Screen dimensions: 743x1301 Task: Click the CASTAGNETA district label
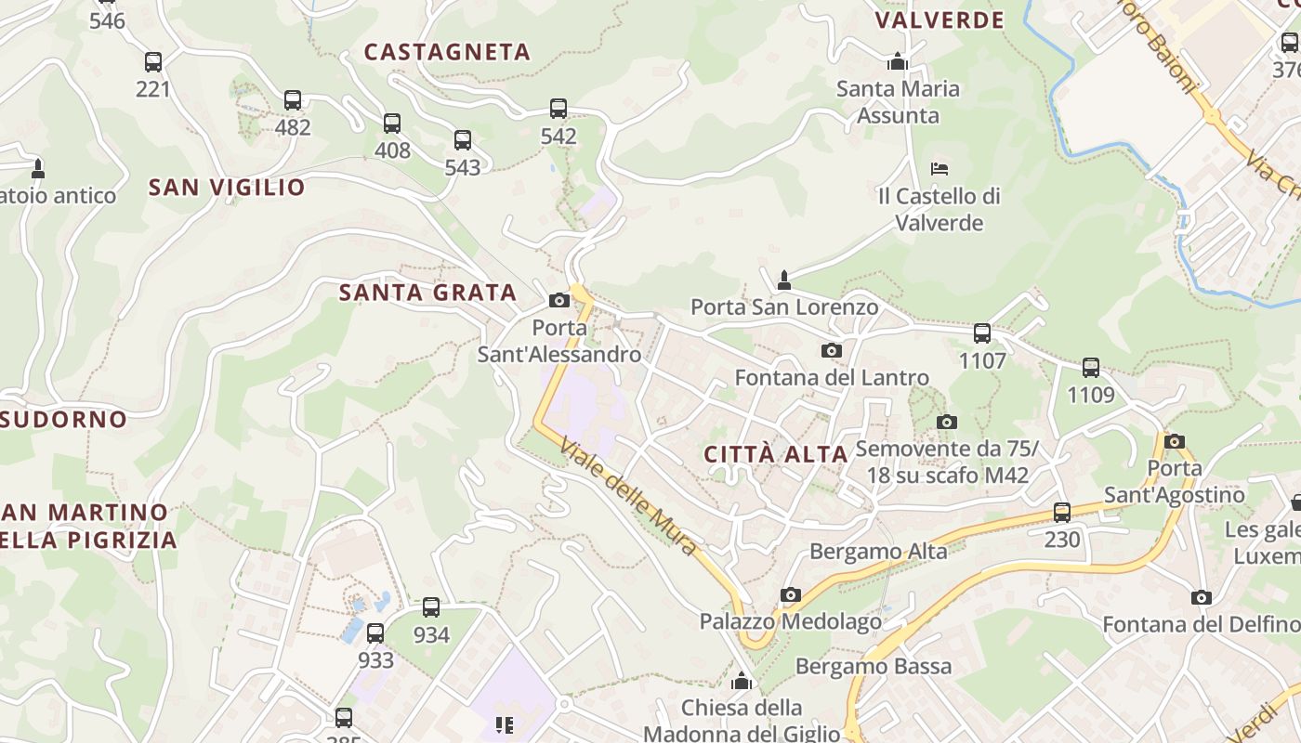tap(447, 52)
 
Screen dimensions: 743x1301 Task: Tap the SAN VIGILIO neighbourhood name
tap(227, 188)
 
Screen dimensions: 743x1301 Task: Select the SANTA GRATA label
tap(427, 293)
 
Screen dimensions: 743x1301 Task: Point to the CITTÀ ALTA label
tap(776, 454)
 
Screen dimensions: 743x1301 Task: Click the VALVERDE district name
tap(940, 20)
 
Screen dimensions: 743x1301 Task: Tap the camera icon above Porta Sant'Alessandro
tap(559, 300)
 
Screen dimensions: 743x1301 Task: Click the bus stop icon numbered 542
tap(559, 109)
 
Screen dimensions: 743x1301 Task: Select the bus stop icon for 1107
tap(982, 333)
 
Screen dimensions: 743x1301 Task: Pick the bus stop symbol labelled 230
tap(1062, 513)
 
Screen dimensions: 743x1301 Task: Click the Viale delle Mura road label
tap(629, 497)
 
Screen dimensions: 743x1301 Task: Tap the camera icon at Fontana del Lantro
tap(832, 350)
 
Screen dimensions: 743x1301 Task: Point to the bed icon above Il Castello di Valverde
tap(940, 169)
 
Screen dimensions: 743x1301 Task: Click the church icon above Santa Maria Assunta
tap(898, 62)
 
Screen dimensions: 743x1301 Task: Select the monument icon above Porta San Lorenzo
tap(784, 280)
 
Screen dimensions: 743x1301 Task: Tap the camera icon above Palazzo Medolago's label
tap(791, 594)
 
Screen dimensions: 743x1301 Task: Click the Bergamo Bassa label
tap(874, 666)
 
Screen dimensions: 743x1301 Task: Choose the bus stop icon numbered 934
tap(431, 607)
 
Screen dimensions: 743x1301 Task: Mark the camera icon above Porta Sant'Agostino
tap(1175, 441)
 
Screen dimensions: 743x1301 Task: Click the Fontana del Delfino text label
tap(1201, 624)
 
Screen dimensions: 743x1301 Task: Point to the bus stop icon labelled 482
tap(293, 100)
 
